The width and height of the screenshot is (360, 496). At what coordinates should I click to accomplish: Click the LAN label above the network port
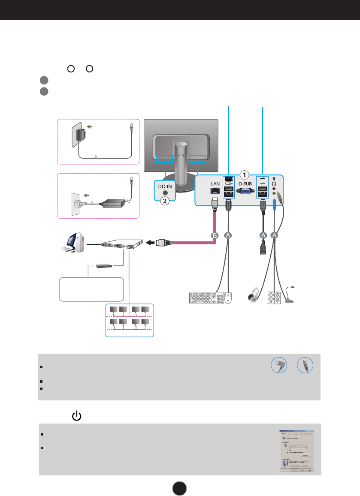coord(215,183)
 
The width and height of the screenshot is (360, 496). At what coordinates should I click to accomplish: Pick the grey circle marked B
coord(215,235)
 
